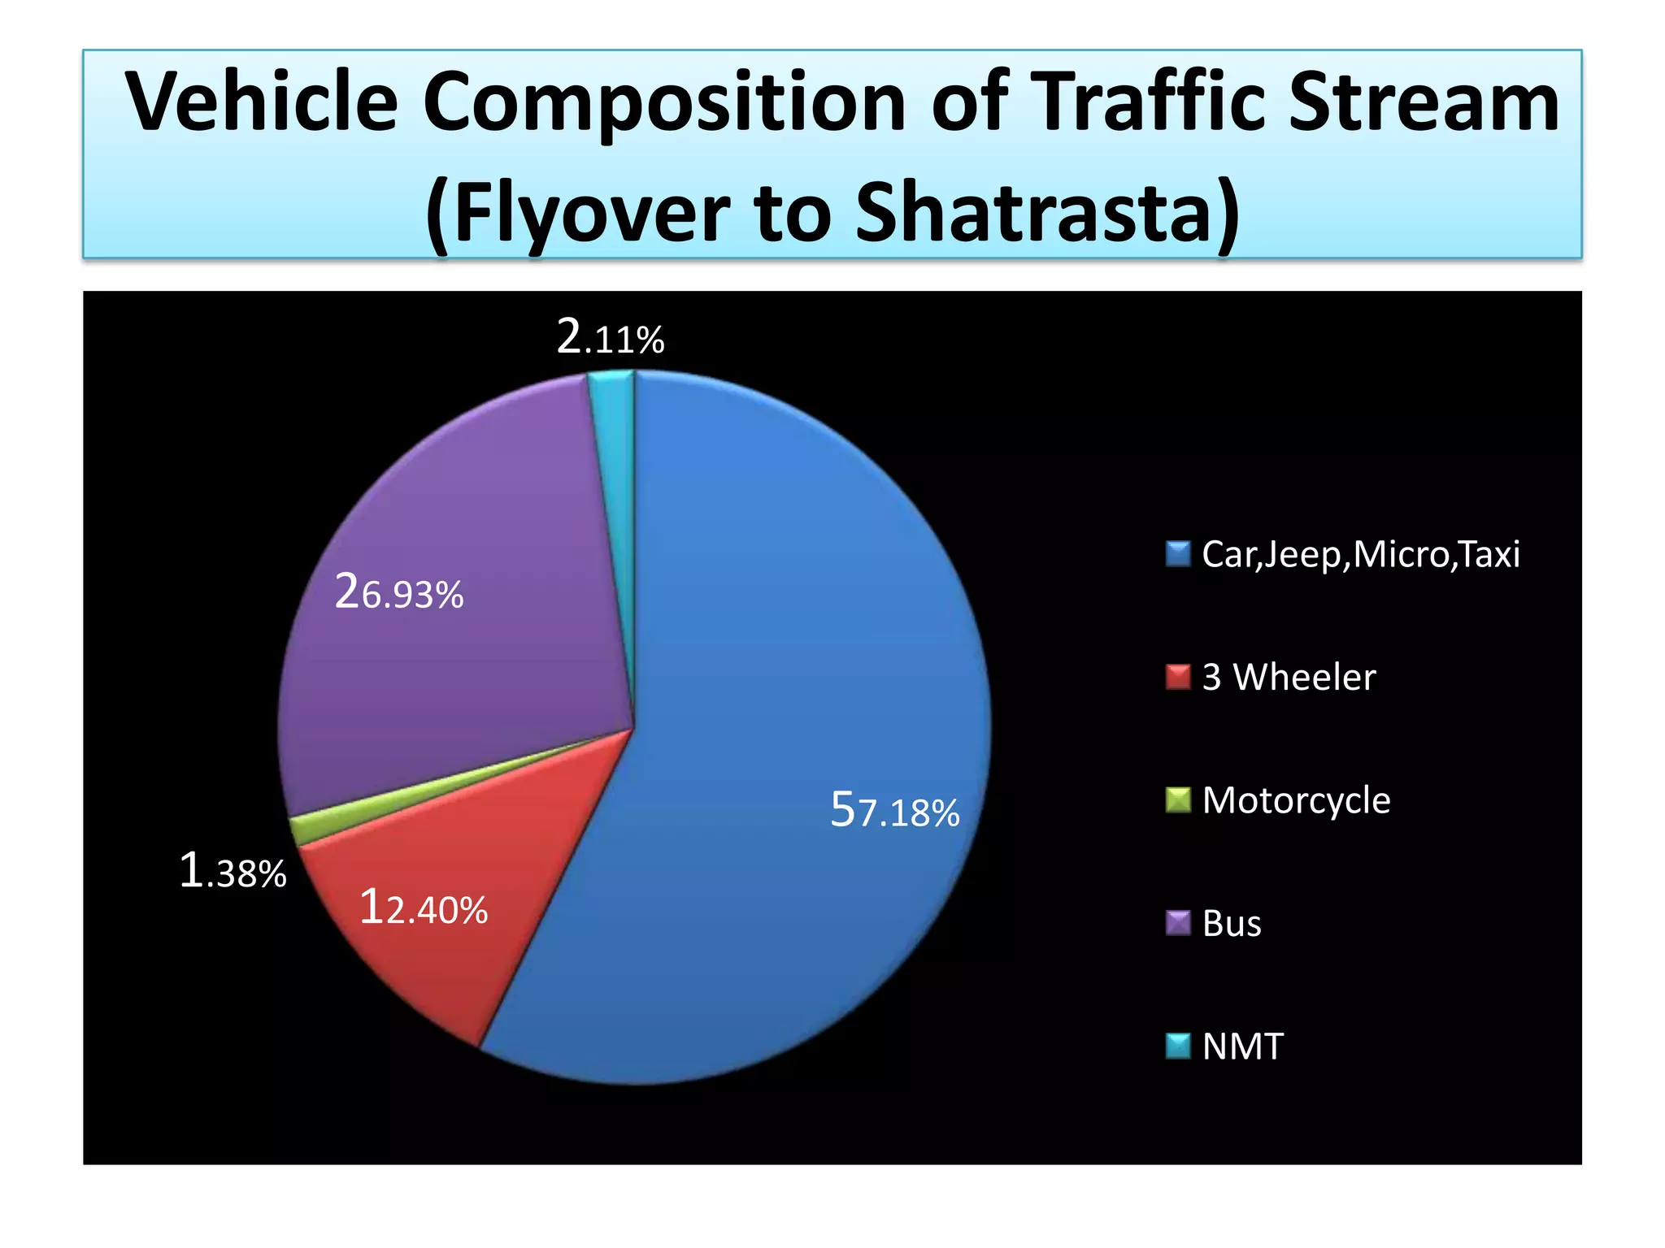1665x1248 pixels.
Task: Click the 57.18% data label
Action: (894, 811)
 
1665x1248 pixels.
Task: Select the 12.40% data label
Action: (423, 908)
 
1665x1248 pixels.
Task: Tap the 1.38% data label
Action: (233, 872)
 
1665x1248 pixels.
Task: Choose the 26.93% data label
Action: (398, 592)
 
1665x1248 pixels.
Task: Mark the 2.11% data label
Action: (610, 337)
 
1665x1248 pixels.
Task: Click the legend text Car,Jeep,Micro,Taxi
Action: (1360, 555)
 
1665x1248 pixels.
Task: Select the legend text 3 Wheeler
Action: (1289, 678)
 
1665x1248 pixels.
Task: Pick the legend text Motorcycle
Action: (1296, 801)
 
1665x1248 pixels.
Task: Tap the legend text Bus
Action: (1232, 924)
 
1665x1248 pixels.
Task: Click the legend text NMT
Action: (1242, 1046)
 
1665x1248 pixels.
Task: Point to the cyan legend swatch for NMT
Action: (1177, 1046)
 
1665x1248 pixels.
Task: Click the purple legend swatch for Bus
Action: (1177, 923)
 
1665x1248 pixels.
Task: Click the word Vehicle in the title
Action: (262, 102)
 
